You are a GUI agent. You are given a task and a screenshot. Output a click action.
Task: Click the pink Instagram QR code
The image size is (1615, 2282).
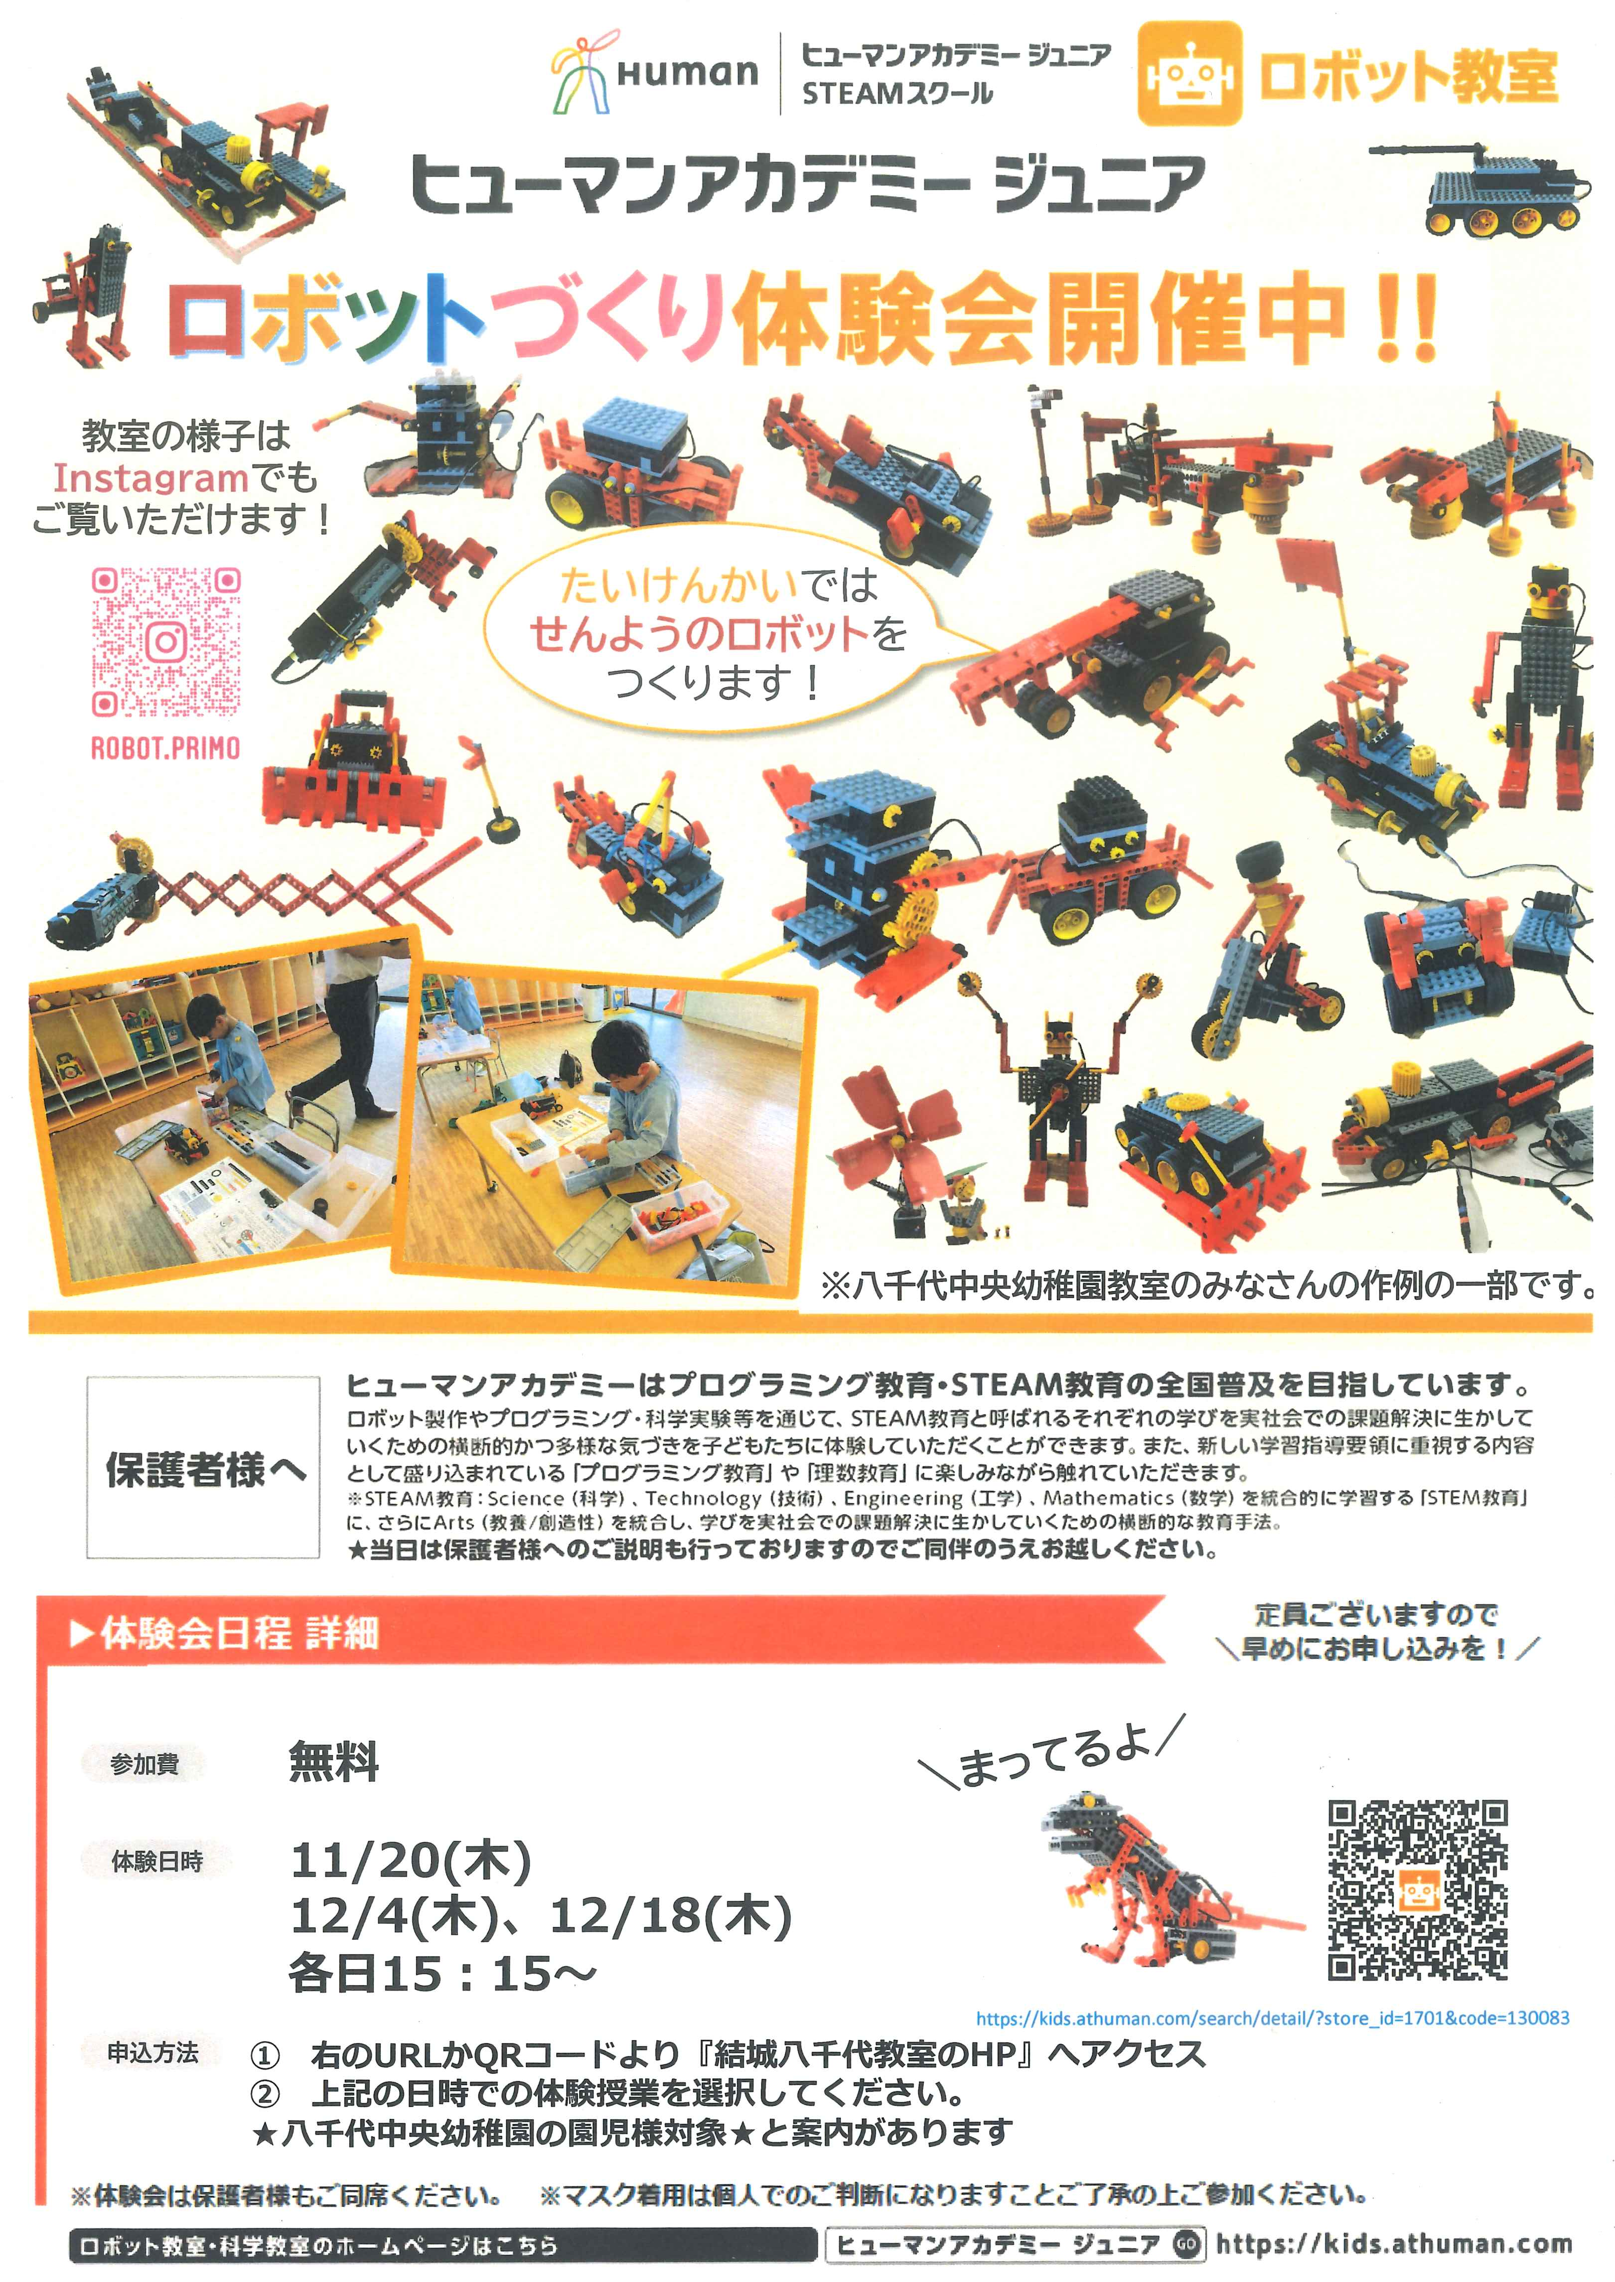click(x=166, y=641)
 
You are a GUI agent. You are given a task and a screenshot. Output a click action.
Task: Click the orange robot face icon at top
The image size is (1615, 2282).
click(x=1189, y=75)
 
